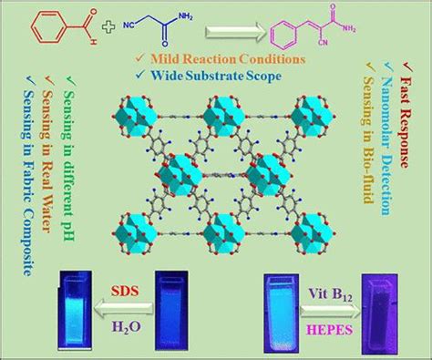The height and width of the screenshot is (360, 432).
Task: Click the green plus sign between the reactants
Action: (x=108, y=26)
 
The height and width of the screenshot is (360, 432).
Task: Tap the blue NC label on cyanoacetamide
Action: (x=129, y=26)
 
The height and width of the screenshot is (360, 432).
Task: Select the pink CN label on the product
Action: (x=323, y=43)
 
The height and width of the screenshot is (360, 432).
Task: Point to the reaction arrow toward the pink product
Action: (x=236, y=32)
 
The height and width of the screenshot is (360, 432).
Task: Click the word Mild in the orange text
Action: (x=164, y=58)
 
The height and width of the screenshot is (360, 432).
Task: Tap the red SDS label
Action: (x=125, y=291)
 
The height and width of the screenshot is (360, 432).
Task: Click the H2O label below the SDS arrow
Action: (x=127, y=326)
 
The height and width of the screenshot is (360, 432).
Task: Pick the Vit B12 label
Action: (x=331, y=294)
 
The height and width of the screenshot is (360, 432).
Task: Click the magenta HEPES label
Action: (x=331, y=330)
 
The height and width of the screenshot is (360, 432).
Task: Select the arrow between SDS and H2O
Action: (x=123, y=309)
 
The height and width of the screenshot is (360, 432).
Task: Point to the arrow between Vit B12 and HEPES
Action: (x=330, y=312)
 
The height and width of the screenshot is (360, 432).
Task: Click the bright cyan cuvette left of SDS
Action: (x=76, y=311)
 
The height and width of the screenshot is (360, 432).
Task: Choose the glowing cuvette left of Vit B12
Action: (x=280, y=314)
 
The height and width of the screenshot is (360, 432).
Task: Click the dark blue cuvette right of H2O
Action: (x=171, y=311)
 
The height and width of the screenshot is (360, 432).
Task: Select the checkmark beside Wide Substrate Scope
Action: (x=140, y=74)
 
